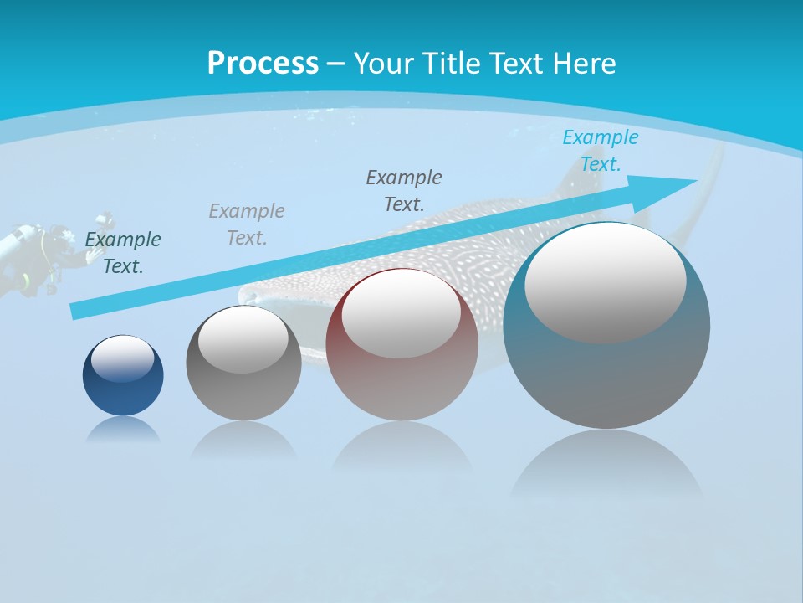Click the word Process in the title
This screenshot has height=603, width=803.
[x=263, y=63]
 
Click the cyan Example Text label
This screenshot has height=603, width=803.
[x=600, y=151]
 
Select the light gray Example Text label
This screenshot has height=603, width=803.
[x=247, y=224]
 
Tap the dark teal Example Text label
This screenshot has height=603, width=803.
[x=123, y=253]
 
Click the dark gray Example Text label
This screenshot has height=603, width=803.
[x=404, y=190]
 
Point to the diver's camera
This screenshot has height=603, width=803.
[x=104, y=221]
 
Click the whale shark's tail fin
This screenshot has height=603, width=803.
[x=707, y=188]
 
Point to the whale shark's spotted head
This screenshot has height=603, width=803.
[x=276, y=289]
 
